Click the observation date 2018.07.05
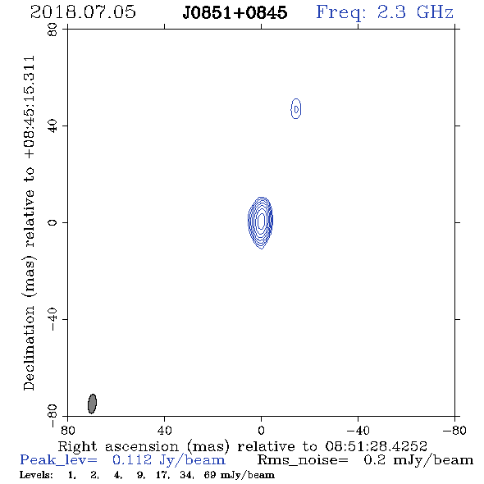[83, 12]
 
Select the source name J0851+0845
[235, 12]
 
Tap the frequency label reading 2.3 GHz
[415, 12]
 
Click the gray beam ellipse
[92, 404]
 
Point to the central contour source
[261, 222]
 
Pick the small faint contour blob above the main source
[295, 108]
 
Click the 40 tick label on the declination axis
[53, 126]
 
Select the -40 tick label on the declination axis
[53, 319]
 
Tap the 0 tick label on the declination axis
[53, 222]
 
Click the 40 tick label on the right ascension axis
[164, 430]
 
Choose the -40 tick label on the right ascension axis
[358, 430]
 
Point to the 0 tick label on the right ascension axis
[261, 430]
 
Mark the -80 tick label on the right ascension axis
[454, 430]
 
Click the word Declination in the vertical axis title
[29, 349]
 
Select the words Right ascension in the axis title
[118, 446]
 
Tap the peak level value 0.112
[132, 460]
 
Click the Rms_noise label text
[303, 460]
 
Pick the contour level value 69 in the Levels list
[209, 475]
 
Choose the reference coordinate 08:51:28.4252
[377, 446]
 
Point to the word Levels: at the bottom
[36, 475]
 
